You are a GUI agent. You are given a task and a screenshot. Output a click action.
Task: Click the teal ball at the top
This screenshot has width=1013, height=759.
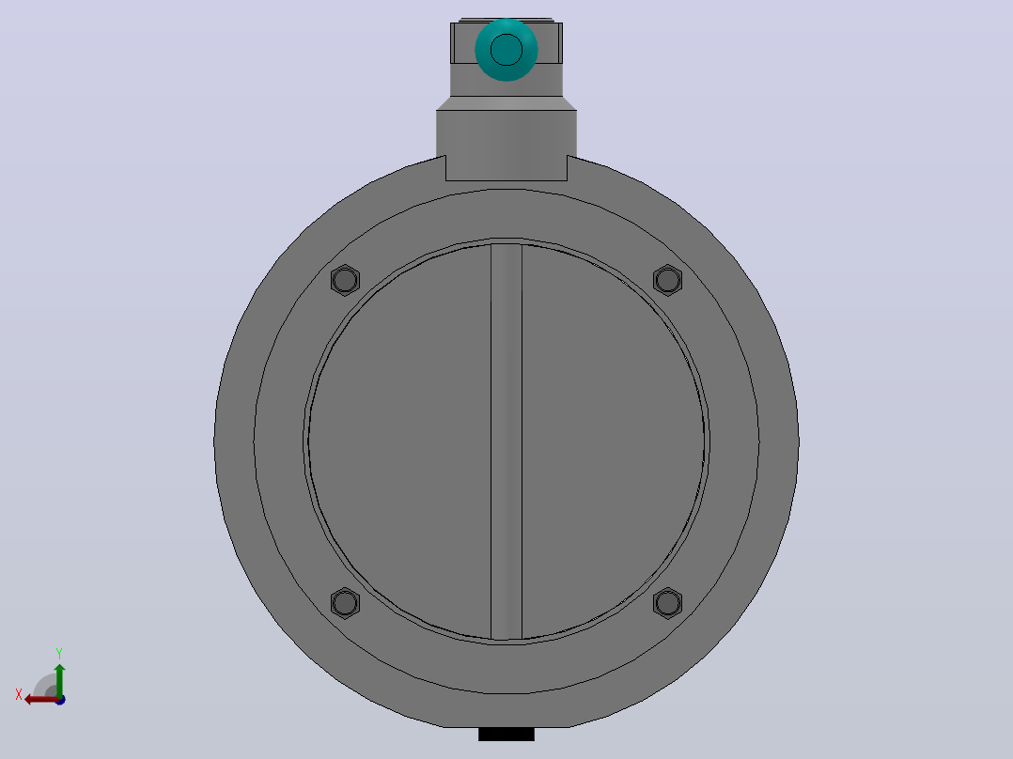(x=506, y=50)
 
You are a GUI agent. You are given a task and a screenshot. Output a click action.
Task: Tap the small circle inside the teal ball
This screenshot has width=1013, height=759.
(x=506, y=50)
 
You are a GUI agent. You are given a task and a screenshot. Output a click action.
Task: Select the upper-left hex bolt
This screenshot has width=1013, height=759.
(x=345, y=280)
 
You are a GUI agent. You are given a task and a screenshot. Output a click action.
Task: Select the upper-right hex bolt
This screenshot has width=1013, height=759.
(x=667, y=280)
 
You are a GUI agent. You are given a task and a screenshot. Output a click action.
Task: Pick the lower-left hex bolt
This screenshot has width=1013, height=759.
(x=345, y=603)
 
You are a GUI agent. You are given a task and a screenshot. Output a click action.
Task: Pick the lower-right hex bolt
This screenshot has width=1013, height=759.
(x=667, y=603)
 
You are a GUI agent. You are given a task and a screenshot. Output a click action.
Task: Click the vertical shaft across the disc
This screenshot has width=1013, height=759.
(x=506, y=441)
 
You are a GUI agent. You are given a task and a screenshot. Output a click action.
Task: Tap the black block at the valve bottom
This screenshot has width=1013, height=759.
(x=506, y=734)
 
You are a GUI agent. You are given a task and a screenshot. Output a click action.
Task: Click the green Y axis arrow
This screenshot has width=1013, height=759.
(x=59, y=680)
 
